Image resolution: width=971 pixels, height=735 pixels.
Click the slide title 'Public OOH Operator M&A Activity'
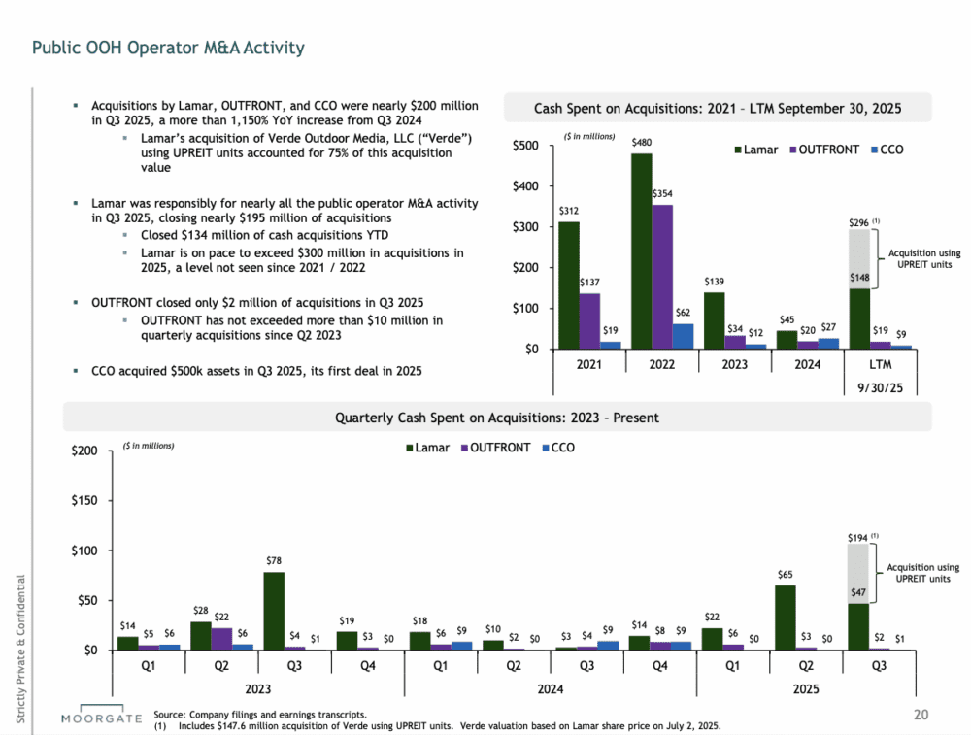click(168, 48)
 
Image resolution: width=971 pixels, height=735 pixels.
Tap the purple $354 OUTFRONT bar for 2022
click(661, 277)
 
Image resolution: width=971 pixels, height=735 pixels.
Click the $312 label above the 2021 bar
click(568, 211)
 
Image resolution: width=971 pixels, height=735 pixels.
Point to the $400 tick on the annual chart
click(526, 186)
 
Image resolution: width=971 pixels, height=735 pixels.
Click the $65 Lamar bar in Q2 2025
click(786, 618)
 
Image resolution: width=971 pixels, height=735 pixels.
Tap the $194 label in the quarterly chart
click(858, 536)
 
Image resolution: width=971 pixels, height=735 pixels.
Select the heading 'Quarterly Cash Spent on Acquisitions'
click(496, 418)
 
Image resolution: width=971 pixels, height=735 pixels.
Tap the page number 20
click(921, 716)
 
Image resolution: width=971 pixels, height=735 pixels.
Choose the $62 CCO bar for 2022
click(682, 336)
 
